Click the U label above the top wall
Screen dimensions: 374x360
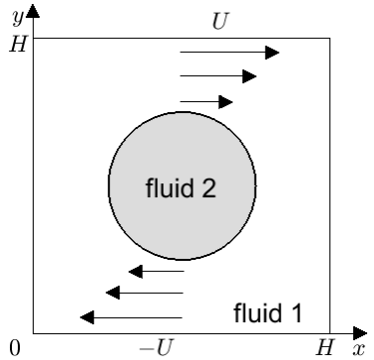click(x=220, y=22)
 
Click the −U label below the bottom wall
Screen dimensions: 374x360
click(x=157, y=348)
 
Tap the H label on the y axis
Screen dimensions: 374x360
click(x=18, y=44)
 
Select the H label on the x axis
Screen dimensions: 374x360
click(x=325, y=347)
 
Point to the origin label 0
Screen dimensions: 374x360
click(x=15, y=348)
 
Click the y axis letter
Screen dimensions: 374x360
click(x=18, y=17)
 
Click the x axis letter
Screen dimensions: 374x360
click(x=358, y=349)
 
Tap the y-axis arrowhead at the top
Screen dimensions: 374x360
click(x=33, y=11)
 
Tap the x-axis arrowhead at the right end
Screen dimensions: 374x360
click(x=360, y=333)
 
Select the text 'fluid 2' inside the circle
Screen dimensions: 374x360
click(x=181, y=187)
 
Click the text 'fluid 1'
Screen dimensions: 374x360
click(x=268, y=312)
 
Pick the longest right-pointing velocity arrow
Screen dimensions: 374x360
click(x=229, y=53)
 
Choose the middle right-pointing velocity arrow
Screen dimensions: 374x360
click(x=218, y=76)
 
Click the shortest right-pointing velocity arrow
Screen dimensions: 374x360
click(x=206, y=102)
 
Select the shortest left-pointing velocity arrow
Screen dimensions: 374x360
click(x=156, y=272)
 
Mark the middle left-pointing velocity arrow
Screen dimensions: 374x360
click(x=144, y=293)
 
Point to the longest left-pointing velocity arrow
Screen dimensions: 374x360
click(x=131, y=317)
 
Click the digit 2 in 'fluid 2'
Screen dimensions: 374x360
click(x=207, y=187)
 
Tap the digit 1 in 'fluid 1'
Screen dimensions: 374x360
click(x=296, y=312)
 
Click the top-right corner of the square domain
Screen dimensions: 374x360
click(x=329, y=39)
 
